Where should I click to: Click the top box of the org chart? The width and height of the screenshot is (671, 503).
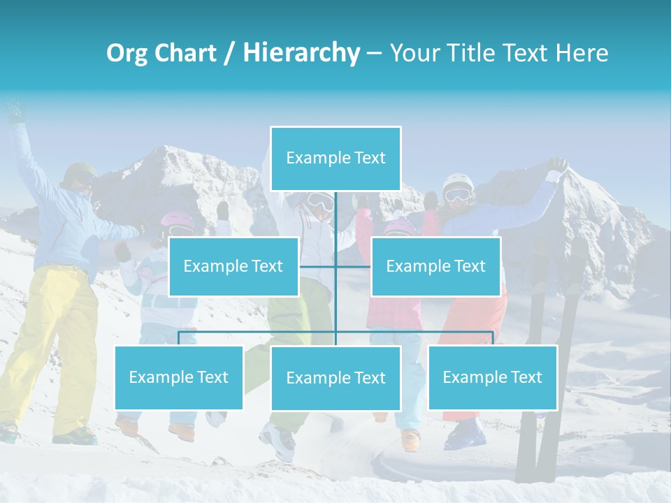335,159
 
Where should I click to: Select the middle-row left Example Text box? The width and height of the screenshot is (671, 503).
233,266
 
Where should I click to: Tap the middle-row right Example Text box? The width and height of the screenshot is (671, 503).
435,266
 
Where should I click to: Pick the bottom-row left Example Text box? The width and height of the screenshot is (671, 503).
179,377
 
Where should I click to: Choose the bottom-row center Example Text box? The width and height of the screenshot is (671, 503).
335,378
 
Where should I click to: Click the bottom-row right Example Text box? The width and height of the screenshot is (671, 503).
493,377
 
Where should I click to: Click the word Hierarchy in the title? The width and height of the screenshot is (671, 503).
301,53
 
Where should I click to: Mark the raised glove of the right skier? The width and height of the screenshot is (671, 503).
557,166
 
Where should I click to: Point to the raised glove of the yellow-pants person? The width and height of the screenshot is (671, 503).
14,112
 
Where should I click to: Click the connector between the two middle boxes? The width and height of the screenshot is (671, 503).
335,266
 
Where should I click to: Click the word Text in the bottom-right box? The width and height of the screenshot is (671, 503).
526,377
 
